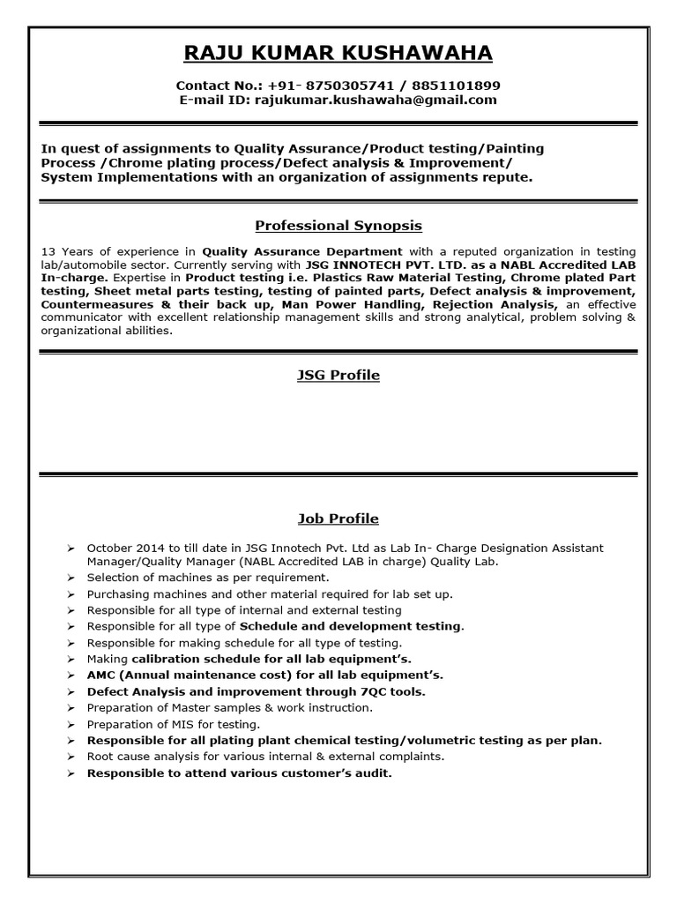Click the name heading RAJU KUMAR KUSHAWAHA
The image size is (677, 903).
(x=338, y=54)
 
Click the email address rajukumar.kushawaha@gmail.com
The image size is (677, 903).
(x=375, y=101)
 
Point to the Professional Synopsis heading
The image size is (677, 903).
(x=338, y=226)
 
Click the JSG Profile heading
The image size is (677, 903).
(x=338, y=376)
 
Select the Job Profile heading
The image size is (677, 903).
(x=338, y=519)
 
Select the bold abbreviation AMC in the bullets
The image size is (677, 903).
(x=101, y=675)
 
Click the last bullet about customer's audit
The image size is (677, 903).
(x=238, y=773)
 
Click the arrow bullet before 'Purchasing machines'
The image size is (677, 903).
(x=71, y=594)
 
